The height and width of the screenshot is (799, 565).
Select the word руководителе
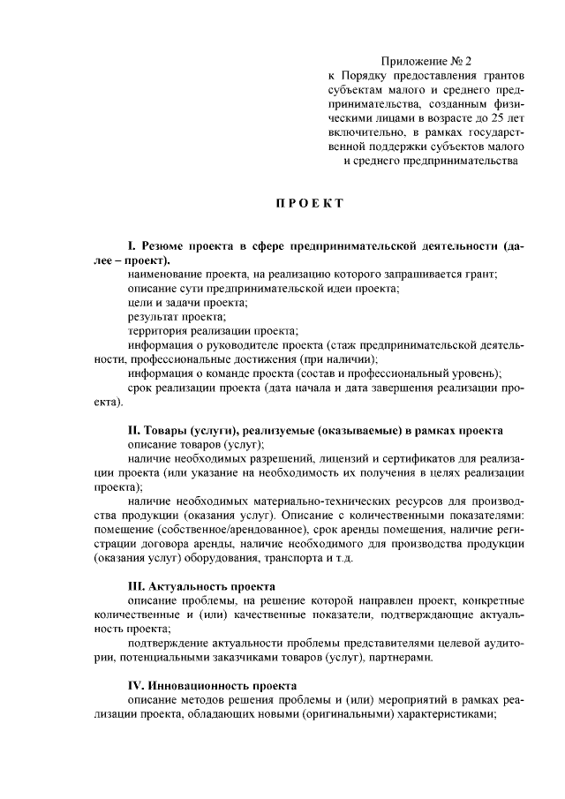pyautogui.click(x=235, y=345)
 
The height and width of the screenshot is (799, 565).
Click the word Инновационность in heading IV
pyautogui.click(x=199, y=684)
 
